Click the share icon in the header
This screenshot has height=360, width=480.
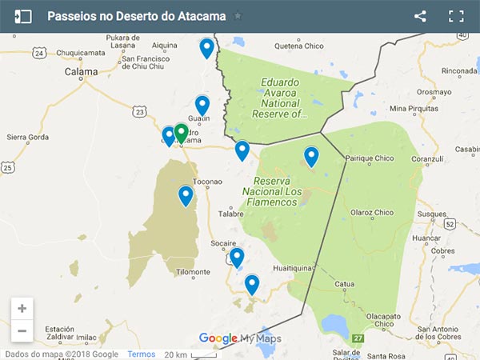(420, 16)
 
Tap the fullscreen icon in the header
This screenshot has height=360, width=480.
(456, 16)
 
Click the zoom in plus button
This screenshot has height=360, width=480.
(22, 308)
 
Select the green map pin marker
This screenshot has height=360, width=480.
(182, 132)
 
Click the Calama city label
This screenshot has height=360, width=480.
(82, 71)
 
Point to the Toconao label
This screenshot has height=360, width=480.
(206, 182)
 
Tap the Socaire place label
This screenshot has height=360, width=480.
(223, 242)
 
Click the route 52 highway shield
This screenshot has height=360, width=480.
(450, 224)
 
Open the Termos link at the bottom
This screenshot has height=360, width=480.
(141, 354)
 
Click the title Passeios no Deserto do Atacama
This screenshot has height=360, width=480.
(137, 16)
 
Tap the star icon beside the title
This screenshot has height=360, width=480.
(238, 16)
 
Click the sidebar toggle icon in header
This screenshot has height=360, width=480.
(22, 16)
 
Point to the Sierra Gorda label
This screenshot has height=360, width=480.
(27, 137)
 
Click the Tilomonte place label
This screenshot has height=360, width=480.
(193, 272)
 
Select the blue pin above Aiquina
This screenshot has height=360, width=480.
(206, 48)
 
